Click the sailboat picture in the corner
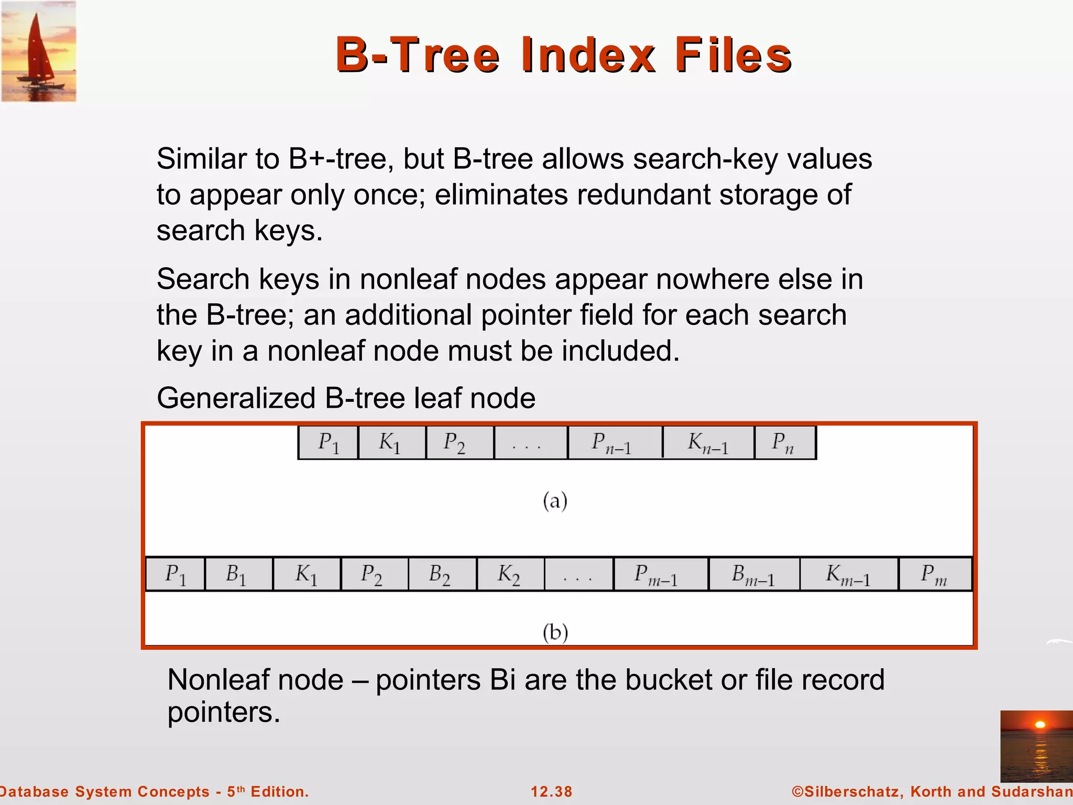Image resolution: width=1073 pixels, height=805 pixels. click(39, 51)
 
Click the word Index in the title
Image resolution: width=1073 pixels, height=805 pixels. click(588, 55)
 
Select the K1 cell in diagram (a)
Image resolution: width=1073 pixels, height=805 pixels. click(391, 443)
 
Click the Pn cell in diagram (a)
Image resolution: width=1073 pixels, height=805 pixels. click(784, 443)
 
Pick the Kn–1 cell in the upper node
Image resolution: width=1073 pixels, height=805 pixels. click(708, 443)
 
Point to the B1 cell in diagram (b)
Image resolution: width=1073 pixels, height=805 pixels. click(238, 574)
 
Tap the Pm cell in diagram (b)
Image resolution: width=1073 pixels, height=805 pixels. click(935, 574)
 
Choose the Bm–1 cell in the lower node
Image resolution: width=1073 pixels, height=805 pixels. click(753, 574)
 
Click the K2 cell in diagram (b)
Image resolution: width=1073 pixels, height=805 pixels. click(510, 574)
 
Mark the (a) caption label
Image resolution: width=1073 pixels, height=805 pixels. click(555, 501)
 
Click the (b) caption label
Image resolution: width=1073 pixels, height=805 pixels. click(555, 632)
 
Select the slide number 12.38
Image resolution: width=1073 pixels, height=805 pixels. click(551, 791)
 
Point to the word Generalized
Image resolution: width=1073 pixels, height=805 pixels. click(236, 398)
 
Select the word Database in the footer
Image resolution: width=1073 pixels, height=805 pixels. click(32, 791)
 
